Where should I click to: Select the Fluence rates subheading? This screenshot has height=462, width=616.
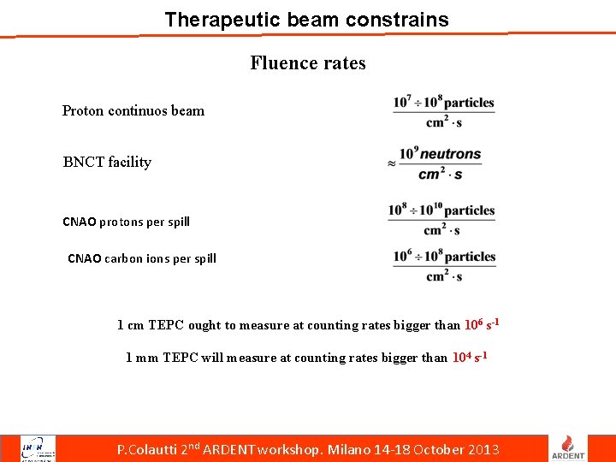308,62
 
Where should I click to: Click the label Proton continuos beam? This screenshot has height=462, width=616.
133,110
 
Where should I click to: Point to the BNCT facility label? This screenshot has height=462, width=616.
107,162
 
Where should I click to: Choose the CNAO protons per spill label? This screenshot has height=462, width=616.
126,222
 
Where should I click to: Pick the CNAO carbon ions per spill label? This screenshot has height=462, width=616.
142,258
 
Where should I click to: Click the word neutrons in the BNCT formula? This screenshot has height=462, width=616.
450,154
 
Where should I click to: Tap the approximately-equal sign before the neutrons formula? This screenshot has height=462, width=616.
391,163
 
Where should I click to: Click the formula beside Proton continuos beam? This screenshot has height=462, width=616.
444,111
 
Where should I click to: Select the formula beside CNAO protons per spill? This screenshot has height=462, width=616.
441,219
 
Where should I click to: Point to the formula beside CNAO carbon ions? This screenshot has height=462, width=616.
444,265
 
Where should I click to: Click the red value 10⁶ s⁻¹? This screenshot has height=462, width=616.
482,325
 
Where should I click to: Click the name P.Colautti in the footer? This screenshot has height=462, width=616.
148,450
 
